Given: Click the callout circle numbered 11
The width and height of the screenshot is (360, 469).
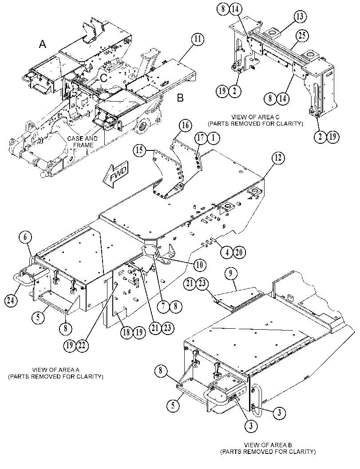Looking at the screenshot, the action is (x=198, y=39).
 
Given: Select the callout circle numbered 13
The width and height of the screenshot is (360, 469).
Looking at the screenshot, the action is (x=300, y=17).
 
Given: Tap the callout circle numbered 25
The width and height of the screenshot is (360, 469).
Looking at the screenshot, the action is (x=302, y=36).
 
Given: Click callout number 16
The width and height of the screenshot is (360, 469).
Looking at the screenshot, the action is (x=185, y=125).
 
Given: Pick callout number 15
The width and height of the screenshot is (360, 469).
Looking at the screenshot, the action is (x=140, y=150).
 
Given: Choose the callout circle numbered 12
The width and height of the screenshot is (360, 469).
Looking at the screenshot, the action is (x=278, y=158).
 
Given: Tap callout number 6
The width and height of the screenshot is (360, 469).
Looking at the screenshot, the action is (x=25, y=237).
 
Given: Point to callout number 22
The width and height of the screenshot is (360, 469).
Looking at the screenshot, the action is (x=82, y=346).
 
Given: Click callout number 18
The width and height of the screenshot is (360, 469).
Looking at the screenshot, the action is (x=127, y=332).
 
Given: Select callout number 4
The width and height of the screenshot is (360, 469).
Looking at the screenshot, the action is (x=227, y=253).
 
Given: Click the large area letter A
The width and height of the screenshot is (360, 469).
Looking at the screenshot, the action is (x=43, y=44).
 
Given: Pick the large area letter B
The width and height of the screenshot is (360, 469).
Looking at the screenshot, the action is (x=180, y=98).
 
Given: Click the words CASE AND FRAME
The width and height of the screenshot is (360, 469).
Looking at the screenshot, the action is (x=82, y=142).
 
